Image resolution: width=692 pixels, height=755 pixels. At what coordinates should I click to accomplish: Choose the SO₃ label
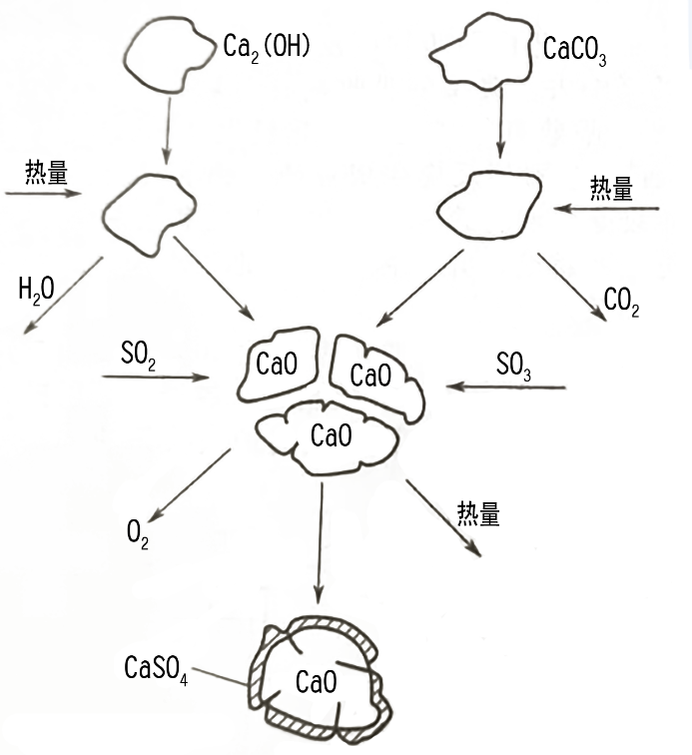pyautogui.click(x=514, y=365)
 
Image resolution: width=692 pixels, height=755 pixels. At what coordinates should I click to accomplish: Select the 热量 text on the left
pyautogui.click(x=47, y=172)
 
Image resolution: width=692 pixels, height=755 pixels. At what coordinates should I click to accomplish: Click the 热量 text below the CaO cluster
pyautogui.click(x=478, y=513)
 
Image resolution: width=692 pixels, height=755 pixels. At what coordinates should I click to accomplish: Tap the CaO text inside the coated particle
pyautogui.click(x=316, y=683)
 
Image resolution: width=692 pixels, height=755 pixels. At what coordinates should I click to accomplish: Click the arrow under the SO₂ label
pyautogui.click(x=155, y=377)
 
